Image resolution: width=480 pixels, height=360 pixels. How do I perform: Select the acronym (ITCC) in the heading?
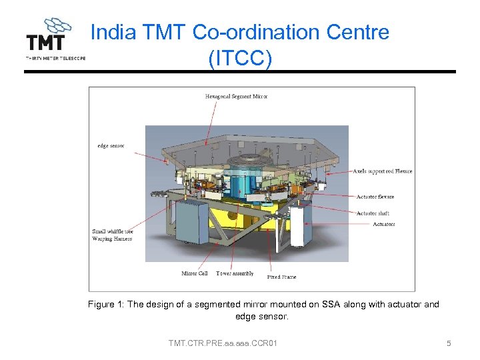[240, 59]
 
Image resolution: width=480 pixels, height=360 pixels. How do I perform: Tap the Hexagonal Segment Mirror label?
[236, 97]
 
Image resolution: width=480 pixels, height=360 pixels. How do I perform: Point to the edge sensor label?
[111, 146]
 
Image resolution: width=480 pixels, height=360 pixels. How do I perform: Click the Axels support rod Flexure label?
[382, 171]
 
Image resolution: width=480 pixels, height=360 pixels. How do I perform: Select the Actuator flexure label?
[375, 197]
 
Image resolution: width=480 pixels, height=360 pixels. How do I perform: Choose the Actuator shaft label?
[373, 213]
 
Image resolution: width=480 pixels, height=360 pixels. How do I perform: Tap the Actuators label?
[383, 224]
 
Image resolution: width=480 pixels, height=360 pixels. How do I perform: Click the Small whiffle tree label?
[113, 231]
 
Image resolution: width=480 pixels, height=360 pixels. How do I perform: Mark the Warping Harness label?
[111, 239]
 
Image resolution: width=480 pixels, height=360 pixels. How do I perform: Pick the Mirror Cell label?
[195, 273]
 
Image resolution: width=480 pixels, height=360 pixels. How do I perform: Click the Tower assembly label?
[235, 273]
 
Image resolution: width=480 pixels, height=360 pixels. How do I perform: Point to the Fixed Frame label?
[281, 276]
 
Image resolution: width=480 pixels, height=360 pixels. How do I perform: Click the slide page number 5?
[449, 343]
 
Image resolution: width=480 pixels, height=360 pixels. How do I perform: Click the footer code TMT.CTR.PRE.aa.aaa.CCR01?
[223, 343]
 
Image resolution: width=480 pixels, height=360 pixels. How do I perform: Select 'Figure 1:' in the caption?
[106, 305]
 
